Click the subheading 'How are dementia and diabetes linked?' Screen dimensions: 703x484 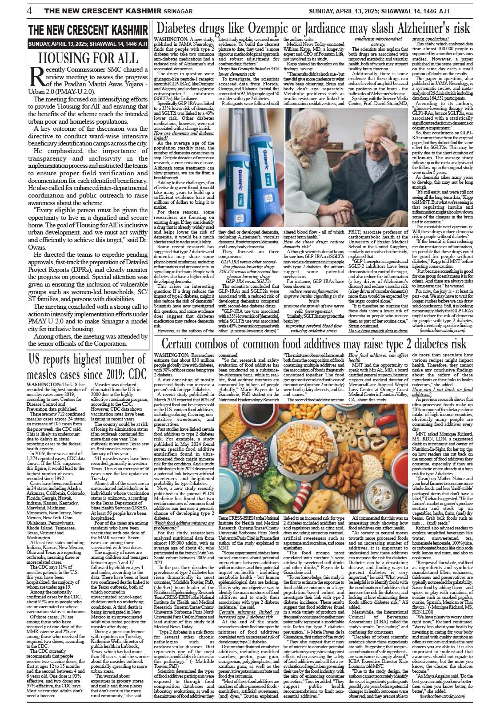[x=186, y=136]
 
